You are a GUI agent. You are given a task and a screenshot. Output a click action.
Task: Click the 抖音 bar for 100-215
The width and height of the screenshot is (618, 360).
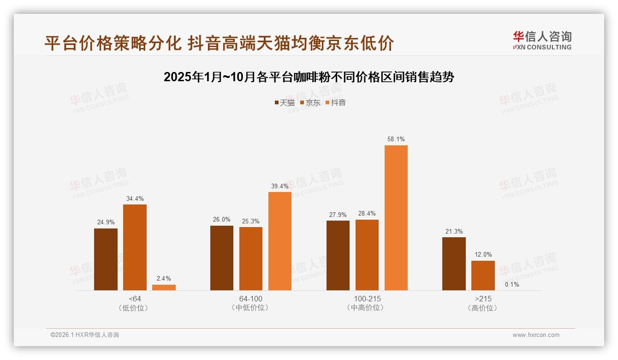coord(396,218)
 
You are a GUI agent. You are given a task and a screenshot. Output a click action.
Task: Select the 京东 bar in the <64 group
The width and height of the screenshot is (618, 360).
coord(135,247)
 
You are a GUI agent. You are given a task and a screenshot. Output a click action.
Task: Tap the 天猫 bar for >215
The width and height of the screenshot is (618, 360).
coord(454,264)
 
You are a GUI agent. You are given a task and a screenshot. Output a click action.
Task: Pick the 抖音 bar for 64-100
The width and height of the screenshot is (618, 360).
coord(280,241)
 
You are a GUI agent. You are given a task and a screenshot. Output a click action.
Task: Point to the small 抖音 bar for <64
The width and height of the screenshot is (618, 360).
coord(164,288)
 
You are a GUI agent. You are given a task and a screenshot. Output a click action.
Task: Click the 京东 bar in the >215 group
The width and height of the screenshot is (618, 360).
coord(483,276)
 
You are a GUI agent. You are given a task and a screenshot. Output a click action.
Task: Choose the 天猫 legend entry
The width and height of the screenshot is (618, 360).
coord(285,102)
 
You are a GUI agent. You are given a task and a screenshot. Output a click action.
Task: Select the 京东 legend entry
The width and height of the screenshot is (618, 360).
coord(310,102)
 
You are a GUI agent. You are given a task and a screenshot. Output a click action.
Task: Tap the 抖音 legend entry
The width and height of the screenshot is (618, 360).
coord(336,102)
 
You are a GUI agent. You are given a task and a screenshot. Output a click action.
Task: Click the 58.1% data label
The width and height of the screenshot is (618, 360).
coord(396,139)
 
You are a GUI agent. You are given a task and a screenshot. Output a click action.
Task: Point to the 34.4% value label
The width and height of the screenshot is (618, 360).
coord(135,198)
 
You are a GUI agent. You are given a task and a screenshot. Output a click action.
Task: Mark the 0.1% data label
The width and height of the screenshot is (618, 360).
coord(512,284)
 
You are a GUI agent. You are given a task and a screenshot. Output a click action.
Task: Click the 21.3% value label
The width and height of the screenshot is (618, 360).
coord(454,231)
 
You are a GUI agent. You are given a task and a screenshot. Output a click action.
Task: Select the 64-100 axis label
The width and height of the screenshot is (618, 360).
coord(250,299)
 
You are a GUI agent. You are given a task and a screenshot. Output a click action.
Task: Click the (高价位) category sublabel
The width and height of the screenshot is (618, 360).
coord(483,308)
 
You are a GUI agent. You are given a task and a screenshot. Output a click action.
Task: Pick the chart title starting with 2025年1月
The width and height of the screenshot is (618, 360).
coord(309,77)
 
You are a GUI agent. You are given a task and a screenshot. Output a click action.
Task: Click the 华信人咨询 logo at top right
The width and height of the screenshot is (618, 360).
coord(542,40)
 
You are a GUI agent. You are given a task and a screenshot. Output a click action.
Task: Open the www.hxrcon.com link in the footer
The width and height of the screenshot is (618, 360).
coord(536,335)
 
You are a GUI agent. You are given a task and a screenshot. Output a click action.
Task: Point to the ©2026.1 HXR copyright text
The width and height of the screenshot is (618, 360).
coord(85,335)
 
